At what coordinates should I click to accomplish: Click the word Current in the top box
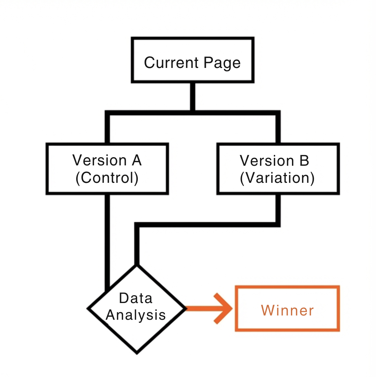pyautogui.click(x=172, y=63)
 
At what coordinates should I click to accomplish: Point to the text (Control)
pyautogui.click(x=107, y=178)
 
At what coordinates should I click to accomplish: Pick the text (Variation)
pyautogui.click(x=277, y=178)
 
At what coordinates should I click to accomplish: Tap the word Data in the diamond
pyautogui.click(x=136, y=298)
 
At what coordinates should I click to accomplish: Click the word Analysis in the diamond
pyautogui.click(x=136, y=315)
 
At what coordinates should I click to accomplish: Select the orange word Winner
pyautogui.click(x=287, y=310)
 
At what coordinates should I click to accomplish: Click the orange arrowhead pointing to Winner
pyautogui.click(x=224, y=308)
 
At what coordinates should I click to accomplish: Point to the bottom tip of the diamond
pyautogui.click(x=137, y=353)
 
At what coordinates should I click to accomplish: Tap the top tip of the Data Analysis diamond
pyautogui.click(x=137, y=266)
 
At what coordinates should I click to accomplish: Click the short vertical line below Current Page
pyautogui.click(x=192, y=97)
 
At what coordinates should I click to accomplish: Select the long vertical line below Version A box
pyautogui.click(x=107, y=242)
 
